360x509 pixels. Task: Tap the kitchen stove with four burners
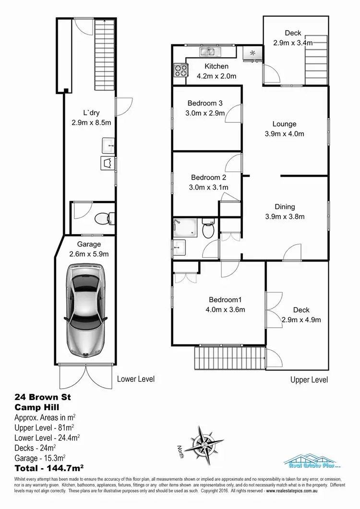[x=180, y=71]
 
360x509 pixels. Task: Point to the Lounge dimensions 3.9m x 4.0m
[x=285, y=134]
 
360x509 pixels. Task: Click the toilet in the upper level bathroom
[x=208, y=230]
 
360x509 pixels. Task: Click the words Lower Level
[x=136, y=379]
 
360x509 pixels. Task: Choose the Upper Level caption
[x=309, y=380]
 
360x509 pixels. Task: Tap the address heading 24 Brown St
[x=43, y=397]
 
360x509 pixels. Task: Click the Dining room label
[x=285, y=207]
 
